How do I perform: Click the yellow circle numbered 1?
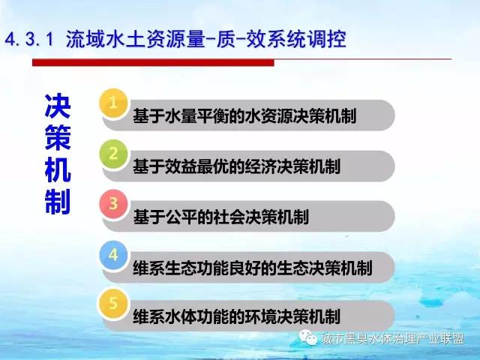click(113, 103)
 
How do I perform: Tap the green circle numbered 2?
click(113, 154)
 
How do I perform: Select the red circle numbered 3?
click(113, 204)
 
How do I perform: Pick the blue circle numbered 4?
click(113, 255)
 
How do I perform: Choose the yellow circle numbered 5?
click(113, 303)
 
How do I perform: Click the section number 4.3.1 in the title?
click(30, 40)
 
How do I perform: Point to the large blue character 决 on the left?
click(58, 106)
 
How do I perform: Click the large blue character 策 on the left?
click(58, 138)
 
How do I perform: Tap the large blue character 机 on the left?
click(58, 169)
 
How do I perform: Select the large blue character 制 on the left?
click(58, 202)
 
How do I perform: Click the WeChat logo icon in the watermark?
click(308, 337)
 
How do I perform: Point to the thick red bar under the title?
click(153, 62)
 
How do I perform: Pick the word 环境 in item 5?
click(260, 316)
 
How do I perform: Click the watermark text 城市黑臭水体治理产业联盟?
click(393, 338)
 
